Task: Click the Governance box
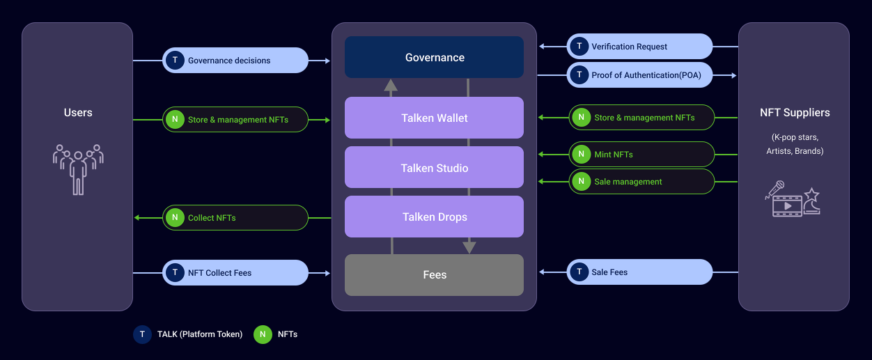pos(434,57)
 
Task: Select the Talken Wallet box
pos(434,118)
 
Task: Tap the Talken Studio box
pos(434,168)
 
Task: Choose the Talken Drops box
pos(434,217)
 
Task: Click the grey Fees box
pos(434,275)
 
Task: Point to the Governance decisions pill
pos(235,61)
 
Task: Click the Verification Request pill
pos(639,47)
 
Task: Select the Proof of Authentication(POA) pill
pos(639,75)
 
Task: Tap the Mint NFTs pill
pos(641,155)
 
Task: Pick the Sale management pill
pos(641,182)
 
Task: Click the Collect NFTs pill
pos(235,218)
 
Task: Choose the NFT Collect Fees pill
pos(235,273)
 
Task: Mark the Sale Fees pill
pos(639,272)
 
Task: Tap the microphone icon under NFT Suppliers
pos(775,189)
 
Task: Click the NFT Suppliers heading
pos(795,113)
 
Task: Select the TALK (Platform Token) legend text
pos(200,334)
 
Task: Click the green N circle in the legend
pos(263,334)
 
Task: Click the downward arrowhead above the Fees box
pos(469,246)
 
